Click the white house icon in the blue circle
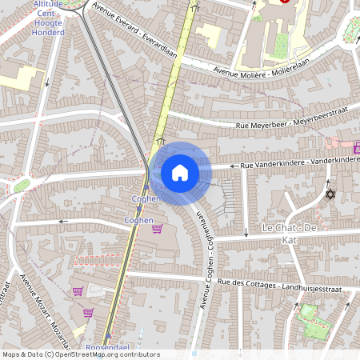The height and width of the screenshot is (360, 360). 180,172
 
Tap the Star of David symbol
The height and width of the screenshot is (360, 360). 328,194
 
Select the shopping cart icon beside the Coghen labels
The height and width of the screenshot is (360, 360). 156,229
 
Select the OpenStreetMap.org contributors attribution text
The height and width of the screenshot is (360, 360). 106,354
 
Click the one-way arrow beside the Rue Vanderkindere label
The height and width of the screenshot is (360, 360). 234,166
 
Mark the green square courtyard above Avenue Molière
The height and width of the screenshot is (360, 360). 279,45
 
